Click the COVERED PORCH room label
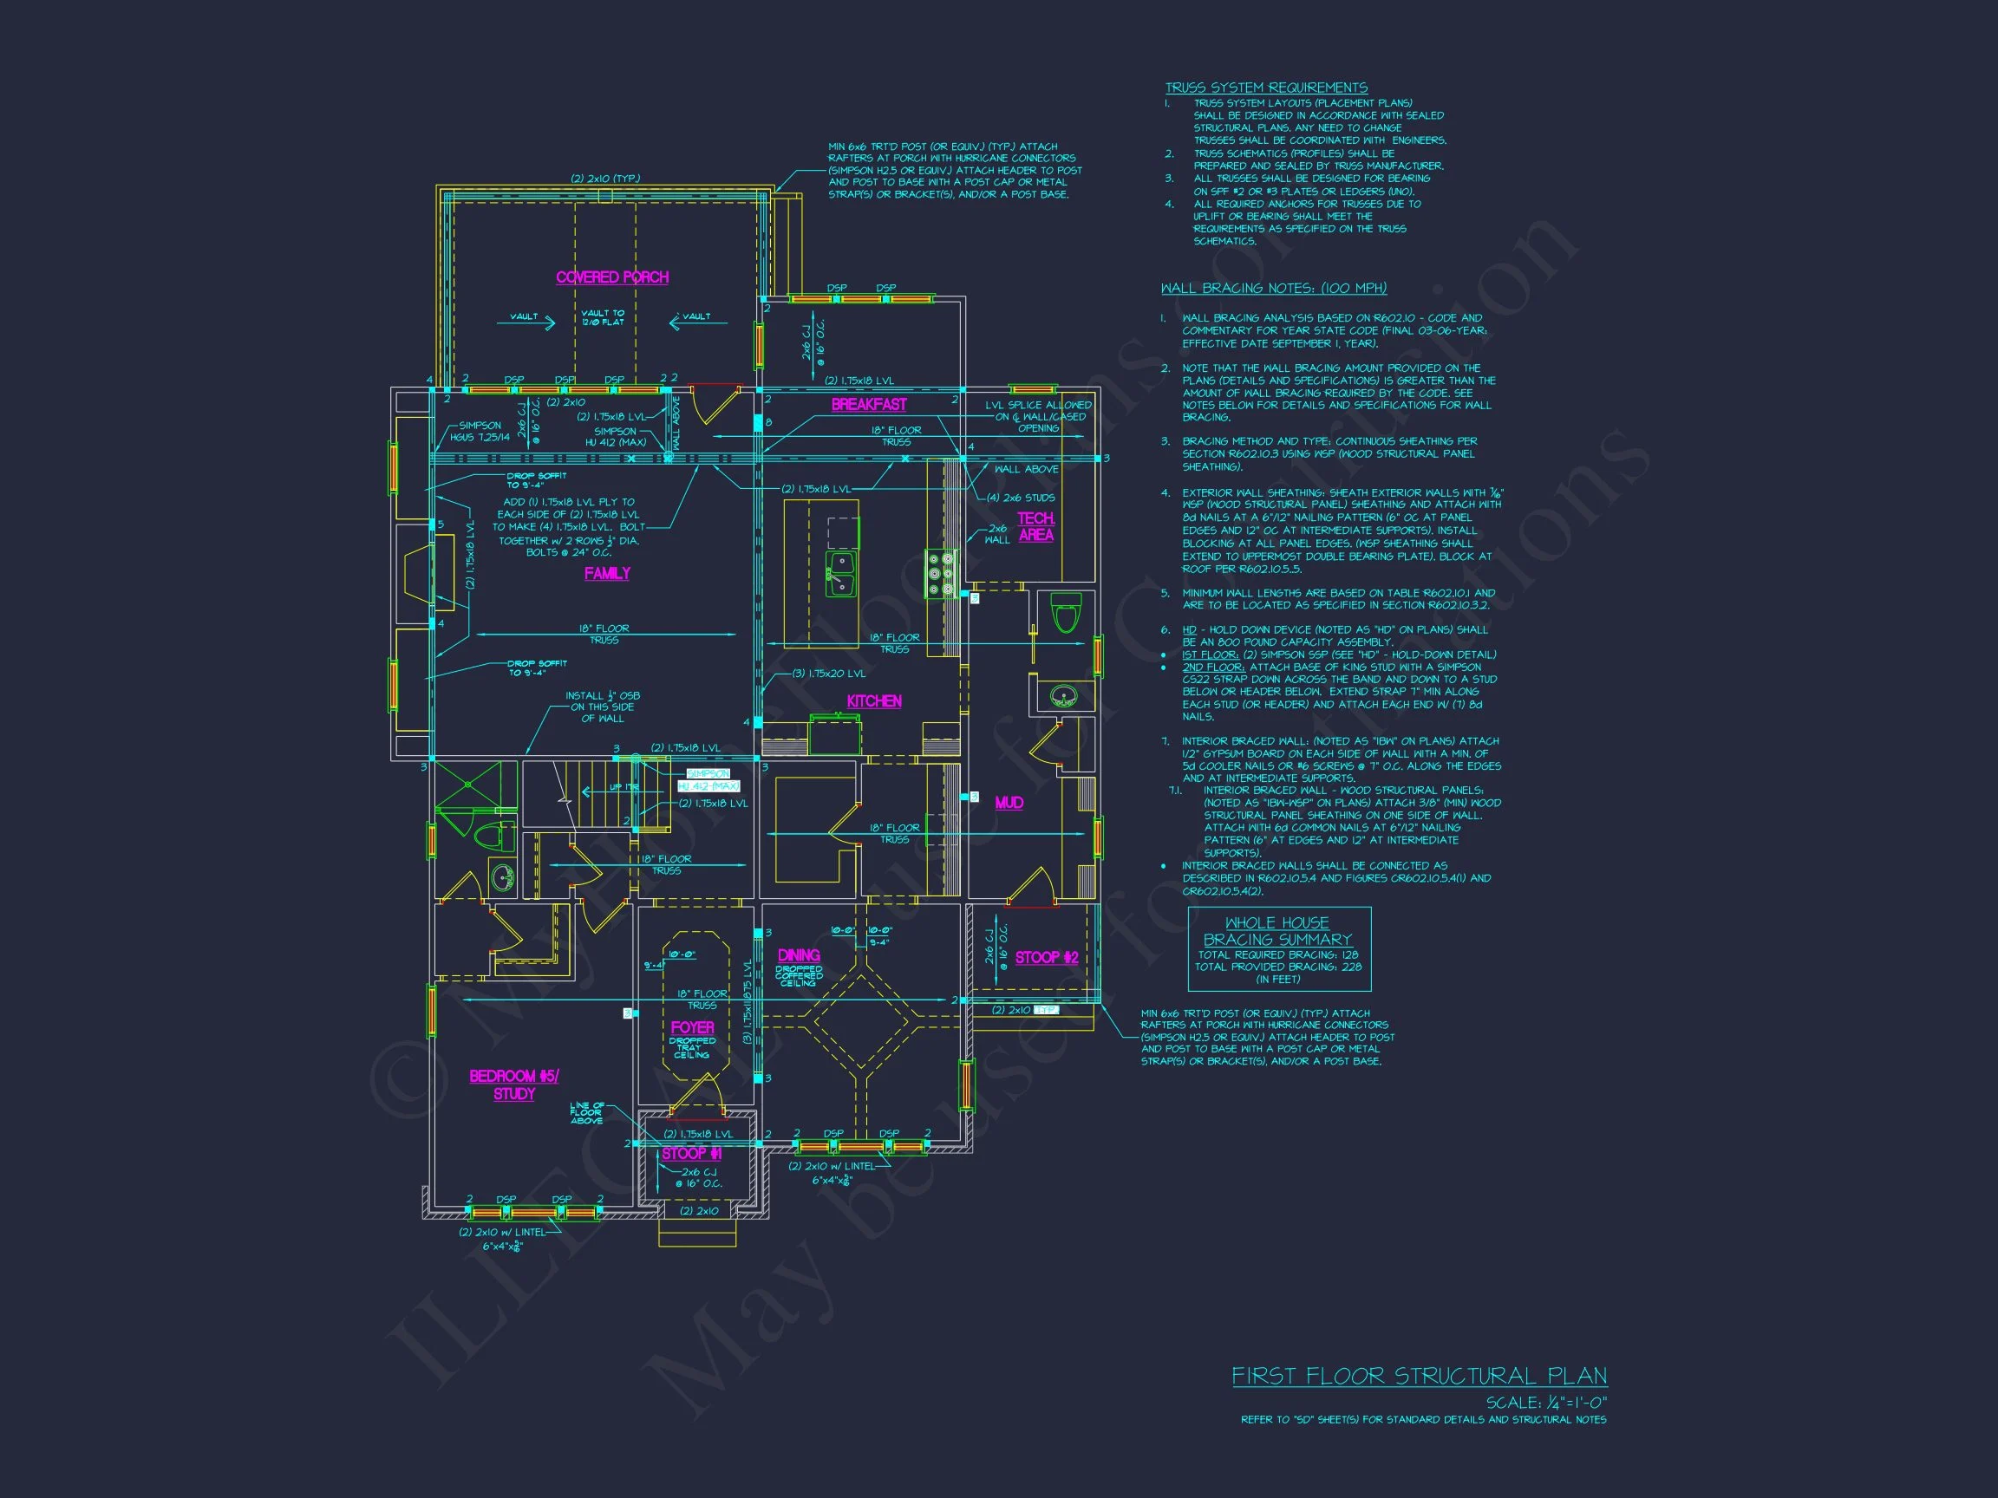coord(612,277)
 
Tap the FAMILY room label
coord(607,573)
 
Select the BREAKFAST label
coord(868,405)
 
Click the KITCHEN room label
coord(873,700)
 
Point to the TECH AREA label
coord(1035,526)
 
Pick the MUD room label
coord(1008,803)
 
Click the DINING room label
coord(799,955)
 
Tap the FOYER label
coord(692,1027)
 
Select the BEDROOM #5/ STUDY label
coord(514,1084)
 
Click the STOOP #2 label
coord(1046,957)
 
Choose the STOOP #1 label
coord(691,1154)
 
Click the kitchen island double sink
coord(841,574)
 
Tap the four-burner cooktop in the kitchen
coord(940,573)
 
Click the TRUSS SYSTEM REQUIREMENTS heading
coord(1265,88)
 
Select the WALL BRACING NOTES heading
coord(1273,288)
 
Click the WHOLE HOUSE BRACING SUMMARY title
coord(1277,931)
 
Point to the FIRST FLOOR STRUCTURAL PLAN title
coord(1419,1376)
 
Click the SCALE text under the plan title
coord(1546,1403)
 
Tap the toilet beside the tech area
coord(1067,613)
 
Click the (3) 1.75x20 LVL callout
coord(828,674)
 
